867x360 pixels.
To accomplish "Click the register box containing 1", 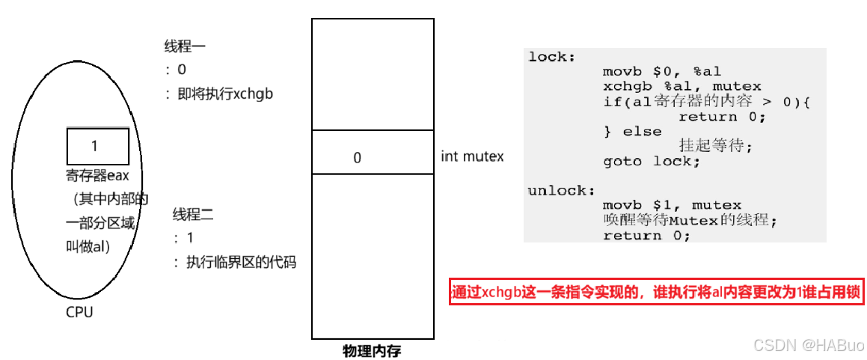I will pyautogui.click(x=97, y=146).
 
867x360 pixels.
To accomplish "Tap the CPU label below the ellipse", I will pyautogui.click(x=79, y=312).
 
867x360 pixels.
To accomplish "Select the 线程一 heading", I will pyautogui.click(x=185, y=46).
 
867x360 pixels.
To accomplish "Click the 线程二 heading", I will pyautogui.click(x=193, y=215).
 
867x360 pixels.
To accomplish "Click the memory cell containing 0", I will pyautogui.click(x=373, y=157).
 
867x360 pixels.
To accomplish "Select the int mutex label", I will pyautogui.click(x=472, y=156).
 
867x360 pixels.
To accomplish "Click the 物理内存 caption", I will pyautogui.click(x=372, y=350).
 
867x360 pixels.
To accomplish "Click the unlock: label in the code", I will pyautogui.click(x=557, y=190).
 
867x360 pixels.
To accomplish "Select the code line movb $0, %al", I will pyautogui.click(x=661, y=72).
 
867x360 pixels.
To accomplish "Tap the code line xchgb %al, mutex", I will pyautogui.click(x=681, y=87).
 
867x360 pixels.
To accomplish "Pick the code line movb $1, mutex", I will pyautogui.click(x=672, y=205).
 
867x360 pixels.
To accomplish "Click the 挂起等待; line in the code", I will pyautogui.click(x=714, y=147).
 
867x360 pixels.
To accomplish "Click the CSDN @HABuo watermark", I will pyautogui.click(x=808, y=345).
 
